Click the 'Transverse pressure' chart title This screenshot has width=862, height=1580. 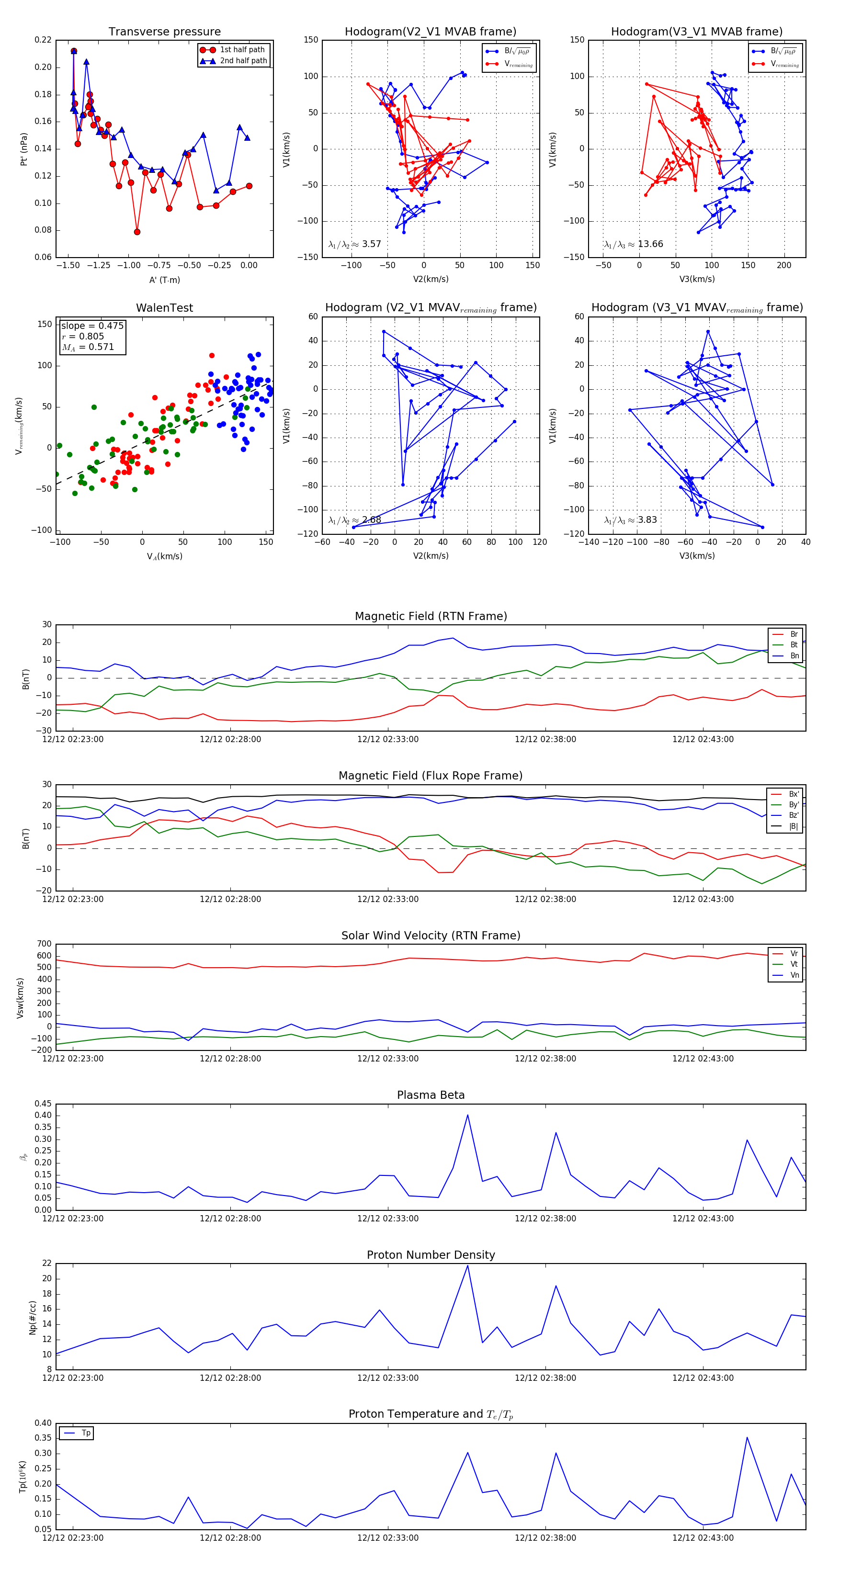(x=164, y=32)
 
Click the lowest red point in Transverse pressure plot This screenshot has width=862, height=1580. (x=137, y=232)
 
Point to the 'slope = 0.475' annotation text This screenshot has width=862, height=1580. (x=92, y=326)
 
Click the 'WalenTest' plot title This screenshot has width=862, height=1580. (x=164, y=308)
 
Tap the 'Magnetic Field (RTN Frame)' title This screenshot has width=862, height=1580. (x=431, y=616)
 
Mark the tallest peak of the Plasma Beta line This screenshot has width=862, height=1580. (x=467, y=1115)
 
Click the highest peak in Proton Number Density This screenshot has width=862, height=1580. (x=467, y=1265)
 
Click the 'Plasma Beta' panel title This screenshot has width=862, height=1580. (x=431, y=1095)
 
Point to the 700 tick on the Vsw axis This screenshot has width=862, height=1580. (x=44, y=944)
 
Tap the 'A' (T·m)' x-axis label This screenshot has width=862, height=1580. (x=164, y=280)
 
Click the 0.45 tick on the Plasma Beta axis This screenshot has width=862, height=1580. (x=43, y=1104)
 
